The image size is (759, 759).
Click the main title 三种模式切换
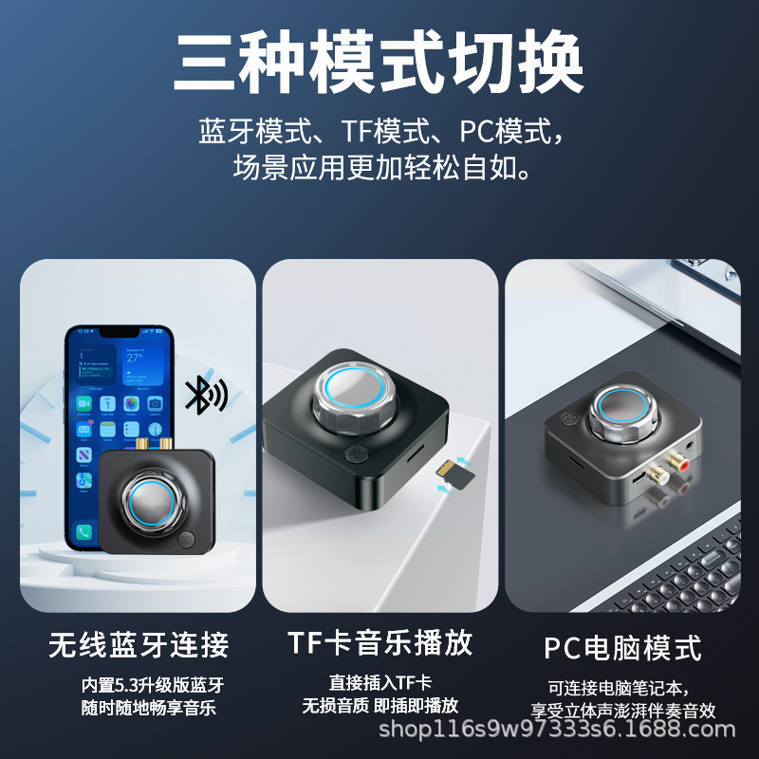point(379,62)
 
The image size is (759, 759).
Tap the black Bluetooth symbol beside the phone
point(205,394)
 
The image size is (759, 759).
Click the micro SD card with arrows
point(455,473)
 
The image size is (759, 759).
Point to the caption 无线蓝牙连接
point(139,644)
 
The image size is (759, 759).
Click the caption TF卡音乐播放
point(380,643)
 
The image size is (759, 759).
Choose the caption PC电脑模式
point(622,648)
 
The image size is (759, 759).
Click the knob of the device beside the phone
point(153,504)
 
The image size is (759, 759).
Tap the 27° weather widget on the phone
point(143,366)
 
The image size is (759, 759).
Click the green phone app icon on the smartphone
point(83,532)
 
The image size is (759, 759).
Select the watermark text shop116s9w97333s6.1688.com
point(557,730)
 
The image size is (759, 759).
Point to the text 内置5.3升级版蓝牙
point(153,685)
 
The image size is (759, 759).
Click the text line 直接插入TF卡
point(380,683)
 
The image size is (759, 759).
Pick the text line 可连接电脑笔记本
point(618,688)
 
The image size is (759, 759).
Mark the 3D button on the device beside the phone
point(186,540)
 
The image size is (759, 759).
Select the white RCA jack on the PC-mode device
point(657,472)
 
